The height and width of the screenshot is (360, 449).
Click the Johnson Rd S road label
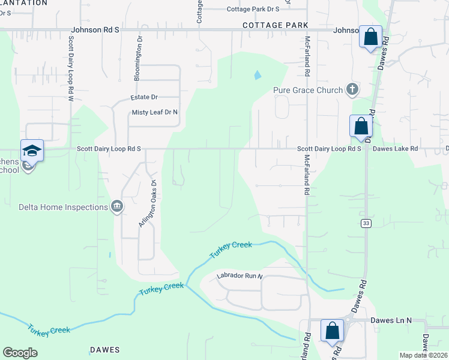click(95, 29)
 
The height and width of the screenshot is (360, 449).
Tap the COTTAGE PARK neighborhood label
click(276, 25)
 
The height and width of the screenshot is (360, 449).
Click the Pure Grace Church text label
click(308, 91)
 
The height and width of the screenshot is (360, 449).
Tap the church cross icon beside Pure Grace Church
click(352, 90)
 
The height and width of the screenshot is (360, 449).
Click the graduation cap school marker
click(32, 150)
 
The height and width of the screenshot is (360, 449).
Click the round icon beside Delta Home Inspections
click(116, 208)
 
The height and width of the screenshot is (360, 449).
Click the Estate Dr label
click(144, 97)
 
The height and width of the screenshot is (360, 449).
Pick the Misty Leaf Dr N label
click(155, 112)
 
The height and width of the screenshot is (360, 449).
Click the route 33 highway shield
click(365, 223)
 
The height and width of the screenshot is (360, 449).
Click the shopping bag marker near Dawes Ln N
click(331, 330)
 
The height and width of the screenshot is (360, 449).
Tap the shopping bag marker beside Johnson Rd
click(370, 36)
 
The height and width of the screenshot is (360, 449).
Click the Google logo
click(20, 353)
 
